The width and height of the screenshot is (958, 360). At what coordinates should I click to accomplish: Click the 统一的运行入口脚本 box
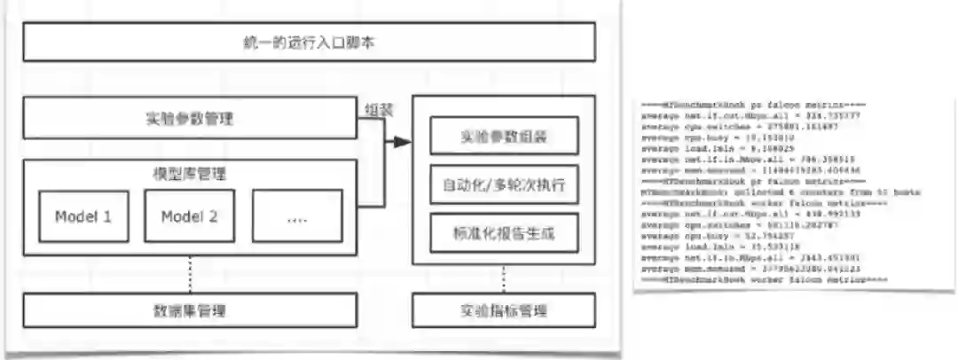[x=309, y=42]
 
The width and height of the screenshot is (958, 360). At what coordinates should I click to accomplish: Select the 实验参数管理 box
[x=191, y=118]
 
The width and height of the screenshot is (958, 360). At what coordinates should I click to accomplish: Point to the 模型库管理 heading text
[x=191, y=174]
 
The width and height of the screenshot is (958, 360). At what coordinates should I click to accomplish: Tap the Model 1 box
[x=83, y=215]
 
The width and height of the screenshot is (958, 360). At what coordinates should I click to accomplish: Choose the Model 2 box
[x=189, y=215]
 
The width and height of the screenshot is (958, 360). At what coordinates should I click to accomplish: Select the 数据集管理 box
[x=191, y=309]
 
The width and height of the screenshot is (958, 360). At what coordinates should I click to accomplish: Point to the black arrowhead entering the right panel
[x=404, y=142]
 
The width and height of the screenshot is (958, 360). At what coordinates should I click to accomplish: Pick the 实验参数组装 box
[x=504, y=137]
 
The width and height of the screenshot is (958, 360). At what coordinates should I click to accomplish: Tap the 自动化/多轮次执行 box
[x=504, y=186]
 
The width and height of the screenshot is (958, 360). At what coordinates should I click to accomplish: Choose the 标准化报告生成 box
[x=504, y=234]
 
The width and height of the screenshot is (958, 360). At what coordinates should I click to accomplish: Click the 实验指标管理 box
[x=504, y=309]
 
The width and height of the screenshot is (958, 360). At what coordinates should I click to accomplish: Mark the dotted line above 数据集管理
[x=191, y=275]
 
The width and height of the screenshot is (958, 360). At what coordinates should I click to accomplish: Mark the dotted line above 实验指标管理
[x=504, y=278]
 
